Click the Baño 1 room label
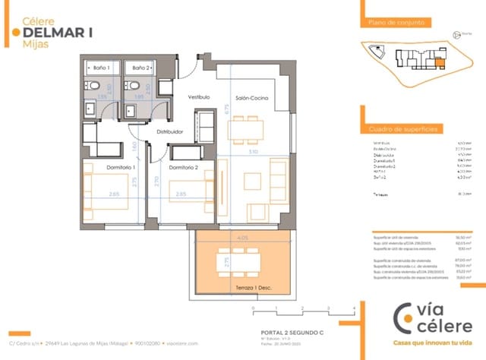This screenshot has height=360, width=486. (102, 68)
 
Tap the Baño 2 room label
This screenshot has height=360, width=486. (140, 68)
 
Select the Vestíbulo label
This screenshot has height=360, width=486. (199, 97)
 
